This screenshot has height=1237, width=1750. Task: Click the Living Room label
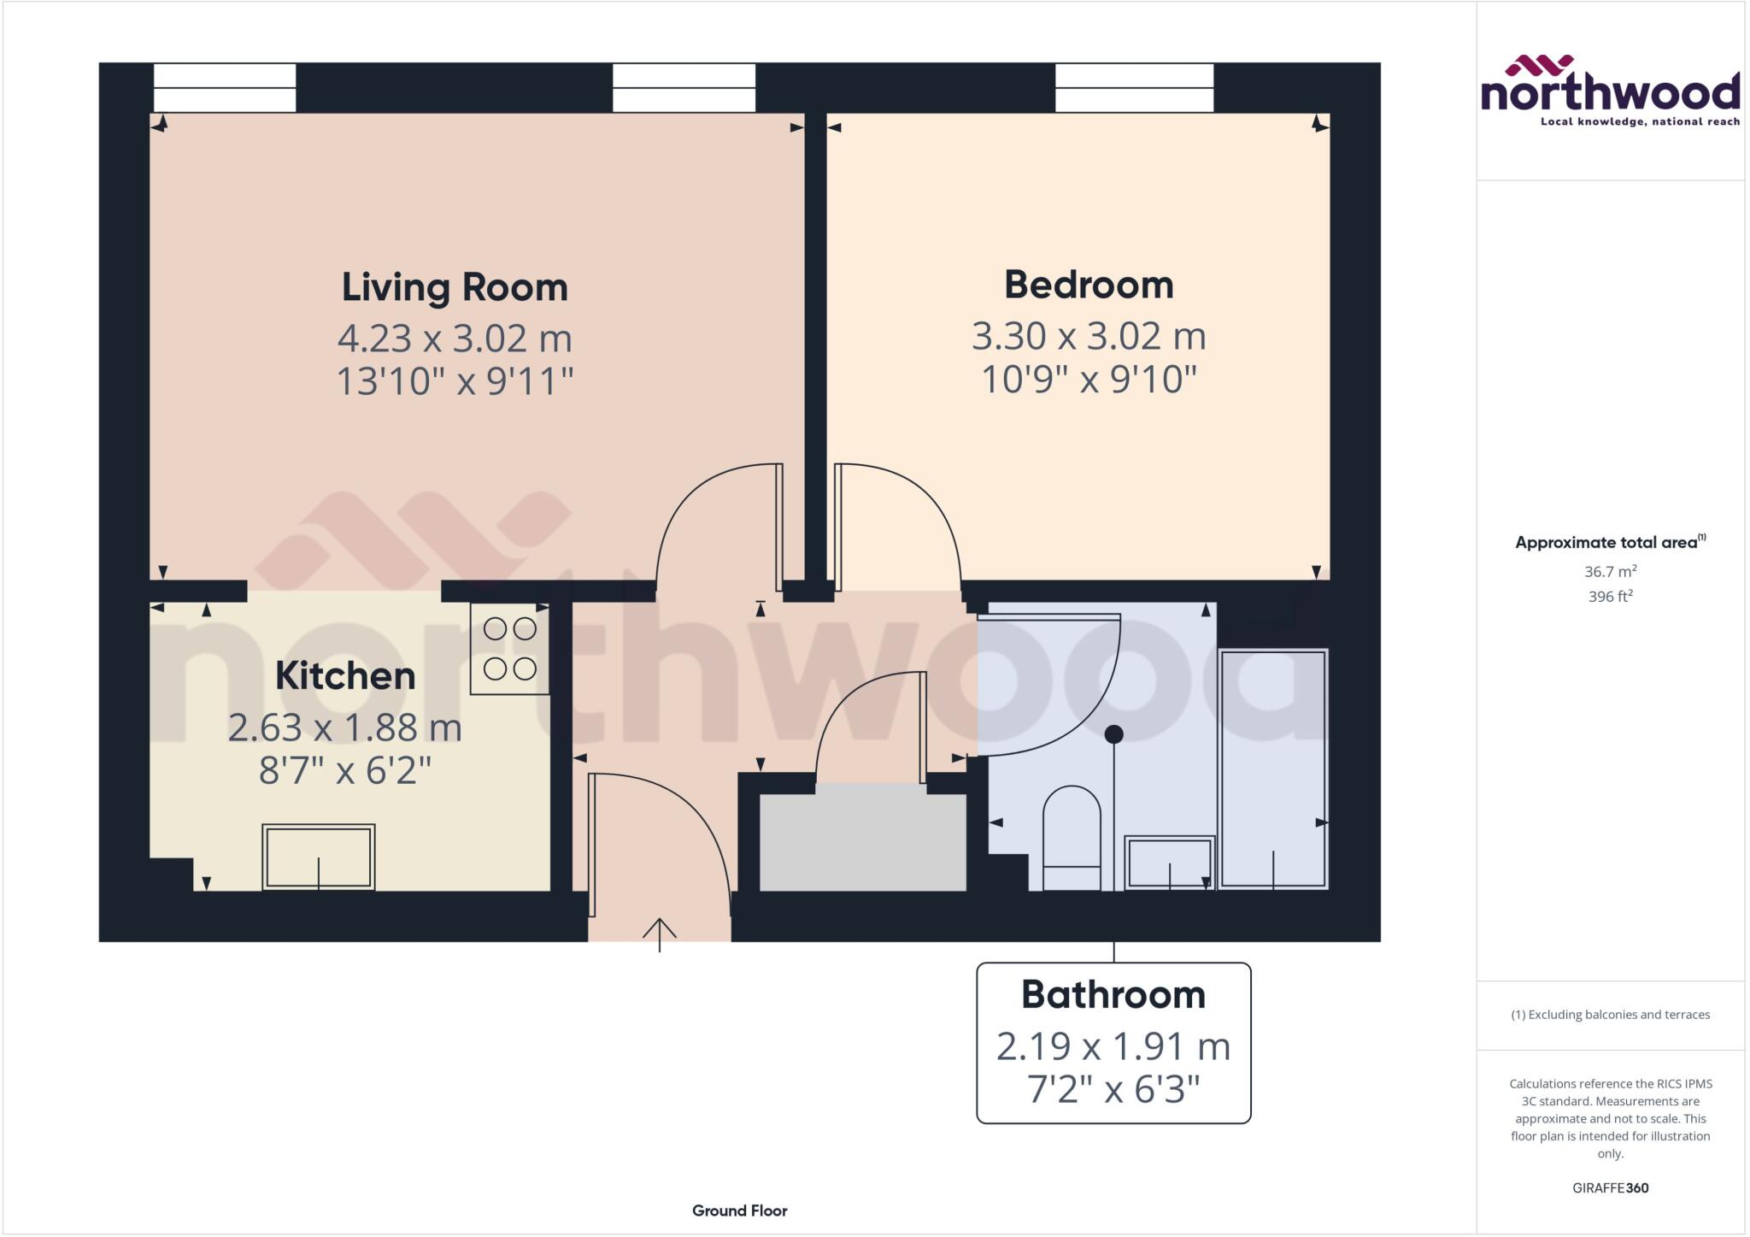455,287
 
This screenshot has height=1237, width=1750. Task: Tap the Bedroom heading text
1089,285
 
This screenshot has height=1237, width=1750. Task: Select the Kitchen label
345,676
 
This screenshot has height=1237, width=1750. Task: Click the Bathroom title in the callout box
1113,995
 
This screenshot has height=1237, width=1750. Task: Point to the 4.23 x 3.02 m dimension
455,339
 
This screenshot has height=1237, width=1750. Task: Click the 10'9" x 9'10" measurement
1089,379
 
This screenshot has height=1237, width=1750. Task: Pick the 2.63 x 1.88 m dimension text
345,728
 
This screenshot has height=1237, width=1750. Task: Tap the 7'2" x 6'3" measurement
1113,1089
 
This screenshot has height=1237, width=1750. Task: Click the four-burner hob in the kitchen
510,649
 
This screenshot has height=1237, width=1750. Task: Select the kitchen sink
319,857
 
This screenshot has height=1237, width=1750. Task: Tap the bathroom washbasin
1169,862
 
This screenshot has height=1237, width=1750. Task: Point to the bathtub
1273,769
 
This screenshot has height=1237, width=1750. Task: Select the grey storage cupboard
863,842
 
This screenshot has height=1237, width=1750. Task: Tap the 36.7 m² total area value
1610,571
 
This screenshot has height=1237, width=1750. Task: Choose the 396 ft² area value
1610,597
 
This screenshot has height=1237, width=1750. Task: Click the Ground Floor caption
740,1210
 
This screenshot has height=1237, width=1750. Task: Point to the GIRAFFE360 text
1610,1187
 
